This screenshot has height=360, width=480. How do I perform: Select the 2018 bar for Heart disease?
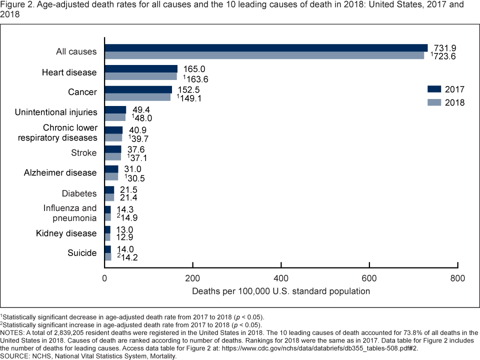pos(140,76)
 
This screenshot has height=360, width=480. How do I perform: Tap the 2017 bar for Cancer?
pos(138,89)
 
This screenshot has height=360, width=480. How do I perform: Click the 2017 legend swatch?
pos(434,89)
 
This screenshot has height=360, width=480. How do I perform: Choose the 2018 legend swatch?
pos(434,102)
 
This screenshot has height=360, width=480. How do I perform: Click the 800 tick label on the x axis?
pos(457,278)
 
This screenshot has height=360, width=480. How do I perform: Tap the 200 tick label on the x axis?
pos(192,278)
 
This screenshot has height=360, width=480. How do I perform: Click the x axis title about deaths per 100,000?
pos(280,291)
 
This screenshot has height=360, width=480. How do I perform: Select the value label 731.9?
pos(442,47)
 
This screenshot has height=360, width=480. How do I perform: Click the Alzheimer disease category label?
pos(60,172)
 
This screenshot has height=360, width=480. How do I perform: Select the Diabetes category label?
pos(79,193)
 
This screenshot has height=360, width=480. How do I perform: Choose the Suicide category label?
pos(82,253)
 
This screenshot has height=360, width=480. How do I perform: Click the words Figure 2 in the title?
pos(14,4)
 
